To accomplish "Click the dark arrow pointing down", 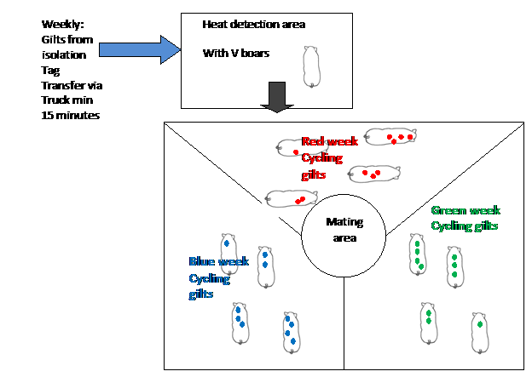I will pyautogui.click(x=275, y=97).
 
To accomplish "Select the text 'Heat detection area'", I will pyautogui.click(x=253, y=25).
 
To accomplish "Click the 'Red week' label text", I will pyautogui.click(x=330, y=141).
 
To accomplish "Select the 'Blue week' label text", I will pyautogui.click(x=219, y=262).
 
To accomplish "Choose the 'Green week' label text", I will pyautogui.click(x=465, y=210).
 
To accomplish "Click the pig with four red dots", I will pyautogui.click(x=391, y=136).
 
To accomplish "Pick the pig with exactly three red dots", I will pyautogui.click(x=373, y=174).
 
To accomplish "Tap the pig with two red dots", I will pyautogui.click(x=291, y=199).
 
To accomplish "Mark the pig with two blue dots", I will pyautogui.click(x=265, y=266).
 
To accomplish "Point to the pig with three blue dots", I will pyautogui.click(x=240, y=323).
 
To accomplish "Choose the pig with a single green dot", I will pyautogui.click(x=481, y=333).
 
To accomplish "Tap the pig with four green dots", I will pyautogui.click(x=418, y=255).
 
